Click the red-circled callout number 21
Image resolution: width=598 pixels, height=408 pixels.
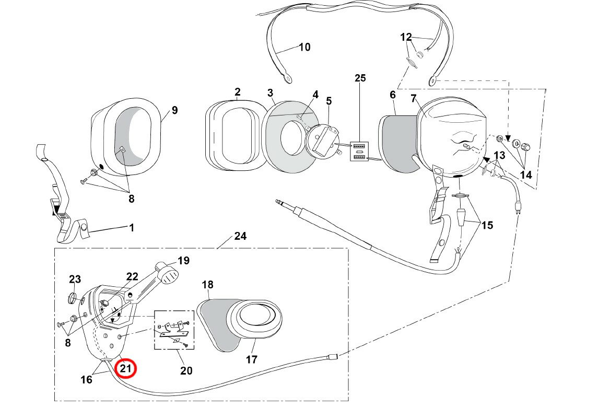click(x=125, y=368)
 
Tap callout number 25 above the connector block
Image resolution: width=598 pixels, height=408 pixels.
click(x=360, y=78)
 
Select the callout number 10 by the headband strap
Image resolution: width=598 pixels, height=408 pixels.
click(x=304, y=47)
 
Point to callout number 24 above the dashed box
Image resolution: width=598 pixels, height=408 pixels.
click(x=240, y=236)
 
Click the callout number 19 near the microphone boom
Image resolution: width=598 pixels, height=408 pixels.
click(x=183, y=260)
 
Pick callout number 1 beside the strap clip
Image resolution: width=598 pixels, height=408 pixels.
click(x=131, y=227)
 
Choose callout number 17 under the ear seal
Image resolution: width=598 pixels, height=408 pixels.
click(x=252, y=359)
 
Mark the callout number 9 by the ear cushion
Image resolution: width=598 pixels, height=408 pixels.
click(x=174, y=110)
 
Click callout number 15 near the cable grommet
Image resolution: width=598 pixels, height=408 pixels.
click(x=487, y=226)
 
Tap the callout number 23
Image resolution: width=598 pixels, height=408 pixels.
click(x=75, y=279)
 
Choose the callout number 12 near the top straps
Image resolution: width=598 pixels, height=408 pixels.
click(x=406, y=37)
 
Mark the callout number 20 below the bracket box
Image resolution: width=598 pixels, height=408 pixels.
click(x=186, y=370)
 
